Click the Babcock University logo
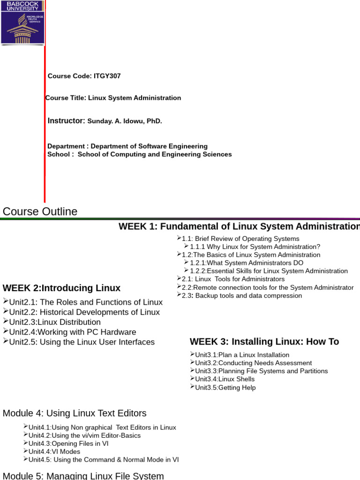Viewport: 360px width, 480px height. click(22, 23)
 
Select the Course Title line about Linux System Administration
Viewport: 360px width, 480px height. click(113, 98)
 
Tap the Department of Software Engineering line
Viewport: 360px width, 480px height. click(127, 146)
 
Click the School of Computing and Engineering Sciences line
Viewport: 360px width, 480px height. click(140, 154)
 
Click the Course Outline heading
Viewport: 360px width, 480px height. click(40, 211)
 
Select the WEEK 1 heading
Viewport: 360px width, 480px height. click(239, 227)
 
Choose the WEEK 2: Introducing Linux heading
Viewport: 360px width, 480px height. click(61, 288)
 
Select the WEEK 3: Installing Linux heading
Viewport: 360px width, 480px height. click(264, 342)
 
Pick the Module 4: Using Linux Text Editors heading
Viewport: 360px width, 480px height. click(75, 413)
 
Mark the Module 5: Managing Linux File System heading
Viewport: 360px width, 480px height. click(83, 476)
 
